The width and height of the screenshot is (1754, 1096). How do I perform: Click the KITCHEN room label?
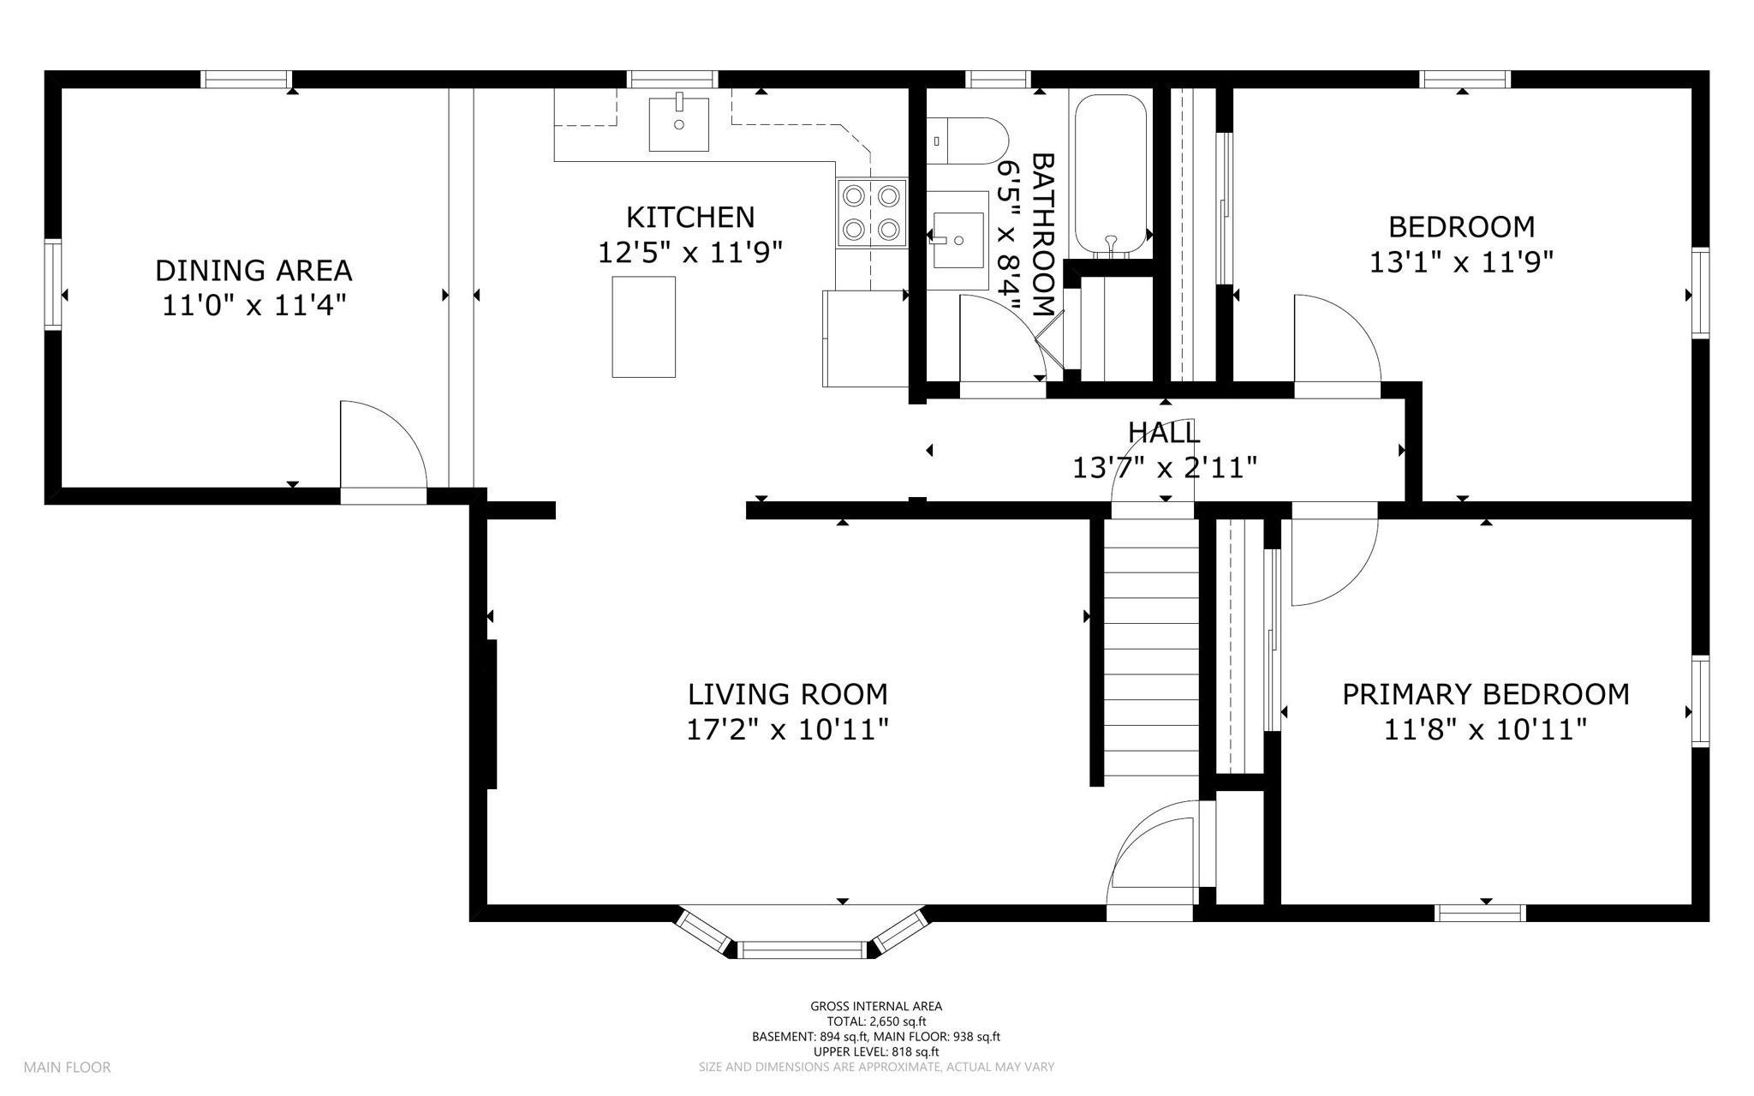pos(690,218)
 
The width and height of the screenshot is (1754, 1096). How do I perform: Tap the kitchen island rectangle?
pos(643,326)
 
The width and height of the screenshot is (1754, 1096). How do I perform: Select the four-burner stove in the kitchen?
pos(871,213)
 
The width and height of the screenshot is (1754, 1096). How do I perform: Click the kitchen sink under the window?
pos(678,124)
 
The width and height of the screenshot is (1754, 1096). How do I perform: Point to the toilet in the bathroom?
pos(968,141)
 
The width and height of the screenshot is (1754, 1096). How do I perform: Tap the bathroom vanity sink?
pos(958,239)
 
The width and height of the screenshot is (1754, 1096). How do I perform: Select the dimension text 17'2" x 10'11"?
pos(787,730)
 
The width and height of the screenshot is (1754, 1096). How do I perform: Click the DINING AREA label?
pos(254,271)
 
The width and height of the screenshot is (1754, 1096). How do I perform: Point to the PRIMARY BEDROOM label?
pos(1485,694)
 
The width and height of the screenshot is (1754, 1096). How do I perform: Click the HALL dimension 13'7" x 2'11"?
pos(1164,468)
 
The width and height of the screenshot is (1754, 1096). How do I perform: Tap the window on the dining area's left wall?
pos(53,284)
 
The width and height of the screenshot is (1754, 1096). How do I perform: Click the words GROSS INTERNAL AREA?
pos(876,1006)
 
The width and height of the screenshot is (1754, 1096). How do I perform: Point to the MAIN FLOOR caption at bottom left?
pos(67,1067)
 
